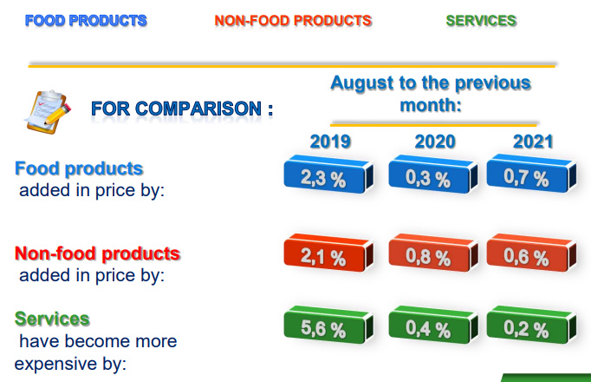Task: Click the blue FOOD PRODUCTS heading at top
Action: (x=86, y=20)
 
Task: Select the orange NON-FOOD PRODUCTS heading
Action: (x=293, y=20)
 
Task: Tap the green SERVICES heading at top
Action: (x=481, y=20)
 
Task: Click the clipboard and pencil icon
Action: (x=48, y=110)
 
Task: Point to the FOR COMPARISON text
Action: (x=182, y=109)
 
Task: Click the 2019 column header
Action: (x=330, y=142)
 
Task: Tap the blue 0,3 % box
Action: (x=427, y=178)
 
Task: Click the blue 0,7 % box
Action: (x=526, y=177)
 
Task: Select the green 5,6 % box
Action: (x=323, y=328)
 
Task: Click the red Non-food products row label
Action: (x=97, y=254)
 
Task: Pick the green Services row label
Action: (x=52, y=319)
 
